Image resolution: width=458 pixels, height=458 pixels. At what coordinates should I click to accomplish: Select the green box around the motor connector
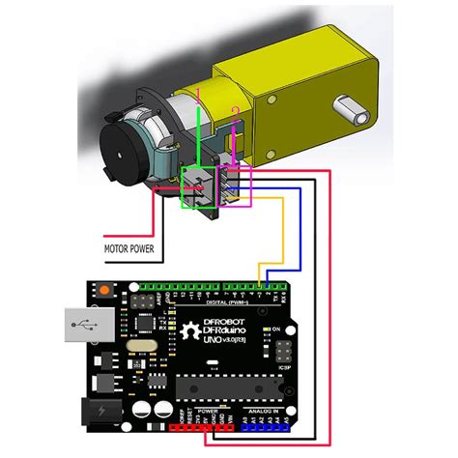[x=199, y=186]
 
